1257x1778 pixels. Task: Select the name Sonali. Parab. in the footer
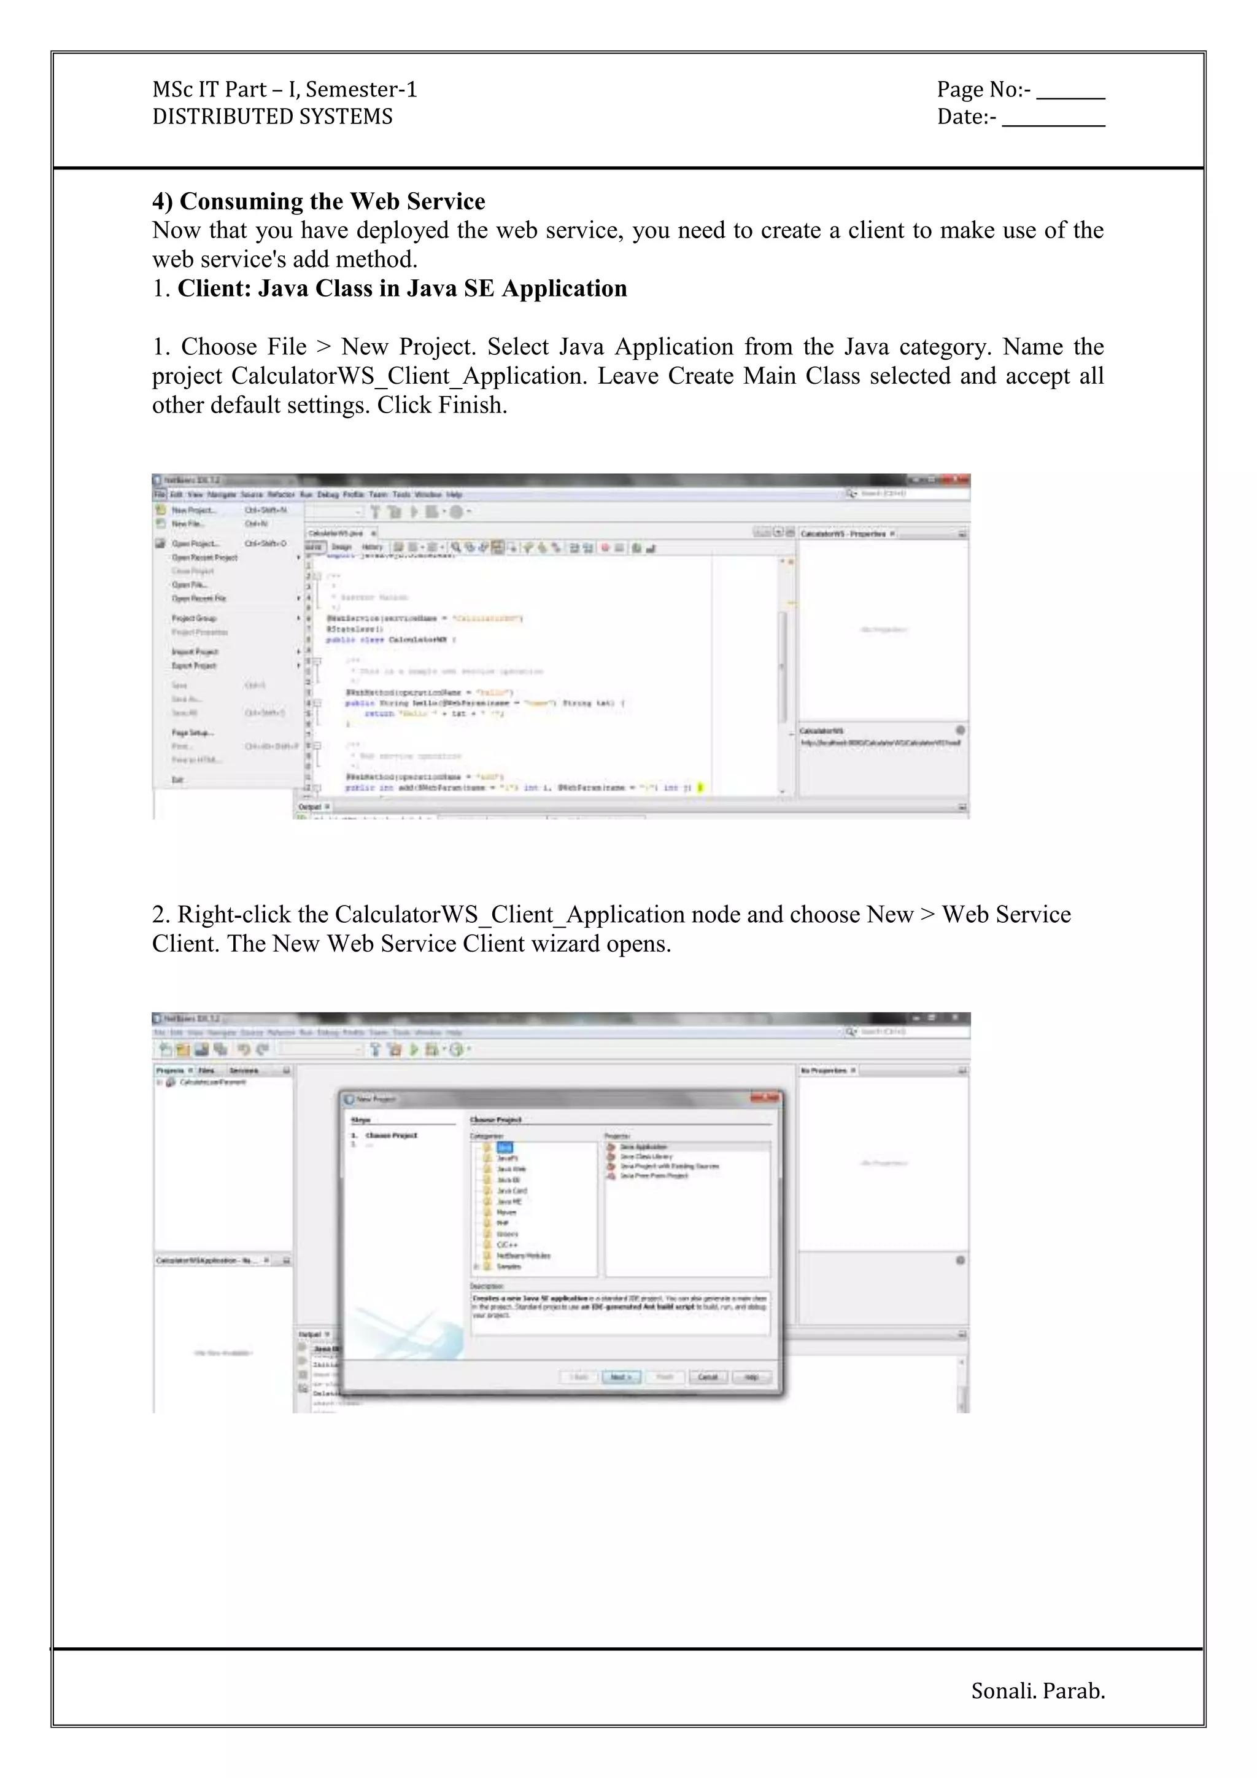point(1037,1690)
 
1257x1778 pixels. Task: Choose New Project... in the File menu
point(193,510)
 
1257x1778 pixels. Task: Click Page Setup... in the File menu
point(192,732)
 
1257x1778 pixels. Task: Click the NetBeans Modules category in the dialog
point(522,1256)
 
